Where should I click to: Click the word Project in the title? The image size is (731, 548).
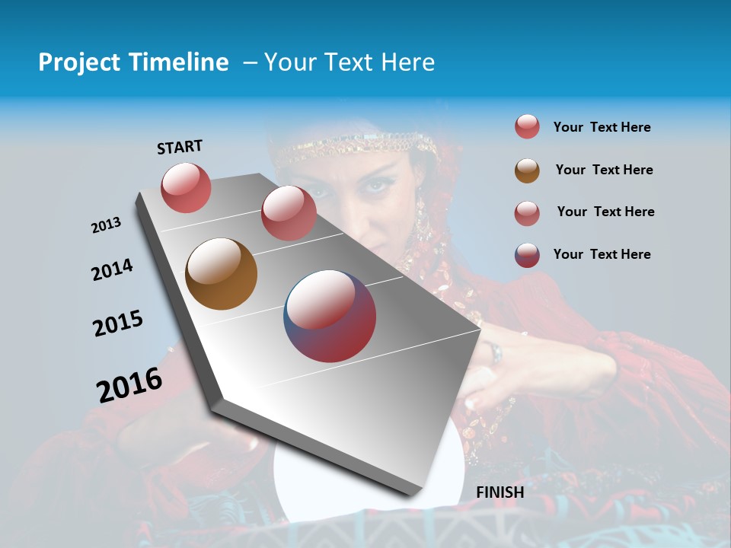78,62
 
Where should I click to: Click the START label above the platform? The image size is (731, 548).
180,147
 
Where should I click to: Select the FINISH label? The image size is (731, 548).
500,492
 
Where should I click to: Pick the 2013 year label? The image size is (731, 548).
107,225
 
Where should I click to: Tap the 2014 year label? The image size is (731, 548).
113,269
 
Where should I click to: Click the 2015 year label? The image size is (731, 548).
118,324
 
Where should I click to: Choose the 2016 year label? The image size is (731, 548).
129,385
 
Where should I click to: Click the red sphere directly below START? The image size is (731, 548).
187,187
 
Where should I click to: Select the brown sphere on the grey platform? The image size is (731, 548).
222,274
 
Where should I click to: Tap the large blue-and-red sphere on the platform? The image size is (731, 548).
330,316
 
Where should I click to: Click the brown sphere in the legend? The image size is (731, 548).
527,170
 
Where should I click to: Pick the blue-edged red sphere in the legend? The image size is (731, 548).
527,255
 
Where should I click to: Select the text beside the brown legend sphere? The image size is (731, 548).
604,170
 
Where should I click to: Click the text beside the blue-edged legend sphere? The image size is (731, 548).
602,254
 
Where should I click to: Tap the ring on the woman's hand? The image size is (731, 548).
495,352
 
